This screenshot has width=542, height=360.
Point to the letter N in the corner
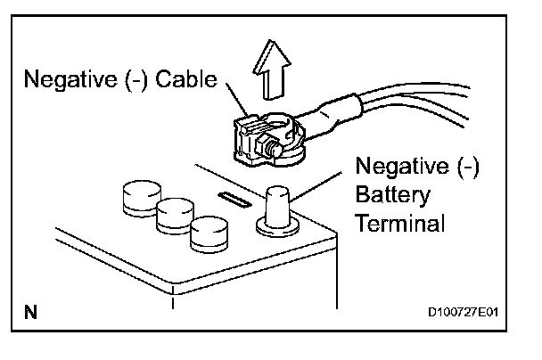click(30, 312)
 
